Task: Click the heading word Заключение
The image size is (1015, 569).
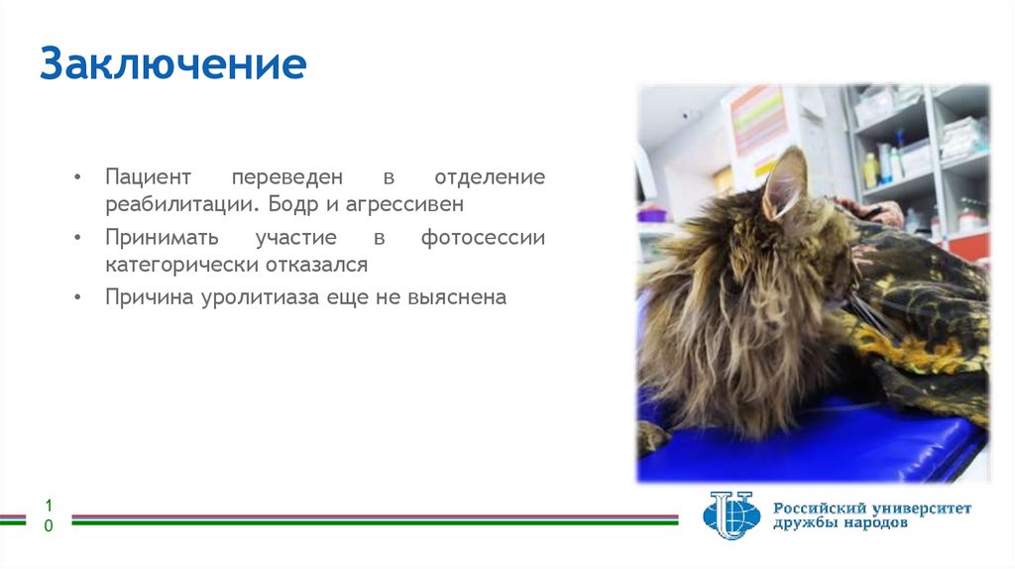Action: [x=173, y=65]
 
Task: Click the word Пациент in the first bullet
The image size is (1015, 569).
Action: [x=148, y=179]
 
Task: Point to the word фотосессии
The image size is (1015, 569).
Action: [x=483, y=239]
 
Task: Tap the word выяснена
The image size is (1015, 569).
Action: [x=457, y=297]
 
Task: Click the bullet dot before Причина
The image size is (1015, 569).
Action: [x=78, y=297]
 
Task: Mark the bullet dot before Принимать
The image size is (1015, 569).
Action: [x=78, y=239]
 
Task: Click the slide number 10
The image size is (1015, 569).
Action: [x=49, y=516]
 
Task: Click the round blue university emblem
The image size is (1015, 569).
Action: [x=730, y=515]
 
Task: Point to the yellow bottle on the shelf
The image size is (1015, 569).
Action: [x=870, y=171]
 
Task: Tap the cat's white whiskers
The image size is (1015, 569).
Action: [x=878, y=317]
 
